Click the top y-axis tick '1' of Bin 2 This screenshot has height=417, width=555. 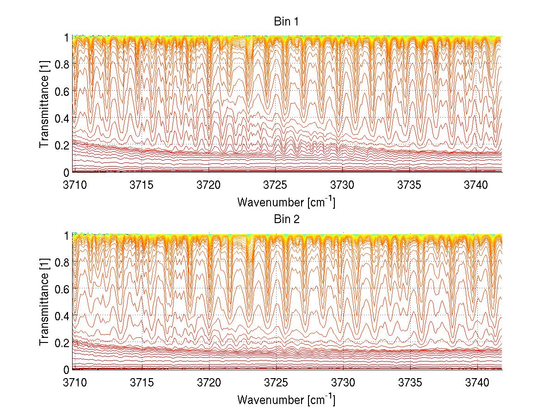(66, 235)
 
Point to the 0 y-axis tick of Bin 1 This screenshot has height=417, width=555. (66, 172)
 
